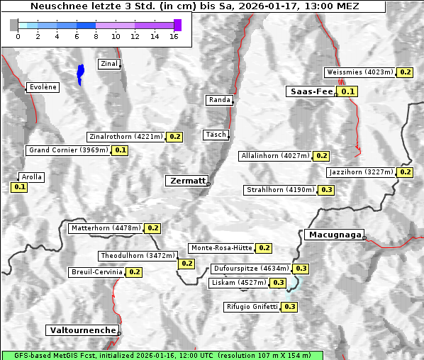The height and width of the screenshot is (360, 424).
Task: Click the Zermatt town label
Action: pyautogui.click(x=187, y=181)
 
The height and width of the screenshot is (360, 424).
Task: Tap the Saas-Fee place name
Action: pyautogui.click(x=311, y=91)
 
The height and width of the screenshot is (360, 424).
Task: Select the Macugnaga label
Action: pyautogui.click(x=334, y=235)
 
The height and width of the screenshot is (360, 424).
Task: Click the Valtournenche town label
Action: pyautogui.click(x=82, y=330)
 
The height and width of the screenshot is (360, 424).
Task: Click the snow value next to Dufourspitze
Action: pyautogui.click(x=301, y=269)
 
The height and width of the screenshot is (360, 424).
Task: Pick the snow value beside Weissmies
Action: pyautogui.click(x=406, y=72)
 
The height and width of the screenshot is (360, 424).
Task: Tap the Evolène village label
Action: pyautogui.click(x=43, y=87)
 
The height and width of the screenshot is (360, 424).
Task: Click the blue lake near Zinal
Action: pyautogui.click(x=80, y=73)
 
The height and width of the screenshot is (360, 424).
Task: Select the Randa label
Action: pyautogui.click(x=219, y=100)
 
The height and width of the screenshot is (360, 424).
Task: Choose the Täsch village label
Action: pyautogui.click(x=215, y=135)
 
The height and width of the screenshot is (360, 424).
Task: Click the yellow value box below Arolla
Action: pyautogui.click(x=19, y=187)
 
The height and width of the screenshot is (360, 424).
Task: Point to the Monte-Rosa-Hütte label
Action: pyautogui.click(x=221, y=248)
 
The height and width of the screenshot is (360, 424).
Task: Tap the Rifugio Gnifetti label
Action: pyautogui.click(x=252, y=307)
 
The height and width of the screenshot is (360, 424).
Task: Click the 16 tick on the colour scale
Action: pyautogui.click(x=174, y=36)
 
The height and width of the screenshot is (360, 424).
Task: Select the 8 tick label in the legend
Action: pyautogui.click(x=96, y=36)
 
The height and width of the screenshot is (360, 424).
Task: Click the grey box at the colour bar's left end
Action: pyautogui.click(x=14, y=25)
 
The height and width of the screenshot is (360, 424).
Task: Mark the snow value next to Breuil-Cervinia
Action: pyautogui.click(x=135, y=272)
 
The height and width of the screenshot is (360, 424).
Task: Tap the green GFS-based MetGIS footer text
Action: pyautogui.click(x=162, y=355)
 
